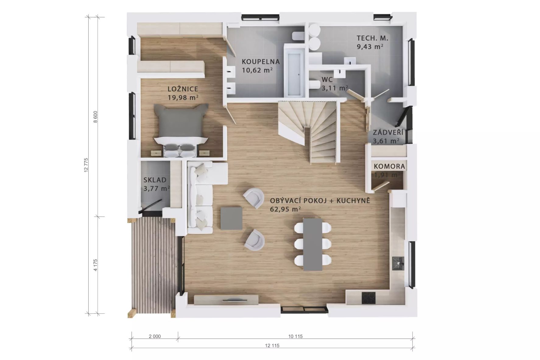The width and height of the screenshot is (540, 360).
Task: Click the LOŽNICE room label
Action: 183,89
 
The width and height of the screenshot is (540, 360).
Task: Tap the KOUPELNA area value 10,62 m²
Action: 257,70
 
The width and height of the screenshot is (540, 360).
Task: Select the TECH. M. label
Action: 372,38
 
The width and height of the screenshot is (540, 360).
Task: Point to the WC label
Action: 327,80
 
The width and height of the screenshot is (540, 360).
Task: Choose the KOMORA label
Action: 390,167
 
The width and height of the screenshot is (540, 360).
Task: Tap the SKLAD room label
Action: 155,180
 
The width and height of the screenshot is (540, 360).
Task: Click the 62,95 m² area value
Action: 285,209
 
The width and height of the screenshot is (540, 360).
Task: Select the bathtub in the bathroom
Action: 294,70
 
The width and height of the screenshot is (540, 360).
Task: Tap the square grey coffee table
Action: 231,218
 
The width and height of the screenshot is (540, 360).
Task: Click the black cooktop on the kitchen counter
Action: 369,298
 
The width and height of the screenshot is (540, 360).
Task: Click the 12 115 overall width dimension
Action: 272,345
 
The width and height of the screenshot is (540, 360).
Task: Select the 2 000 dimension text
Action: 155,336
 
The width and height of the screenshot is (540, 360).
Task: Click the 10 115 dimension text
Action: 295,336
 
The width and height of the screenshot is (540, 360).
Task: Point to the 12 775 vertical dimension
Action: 86,165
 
